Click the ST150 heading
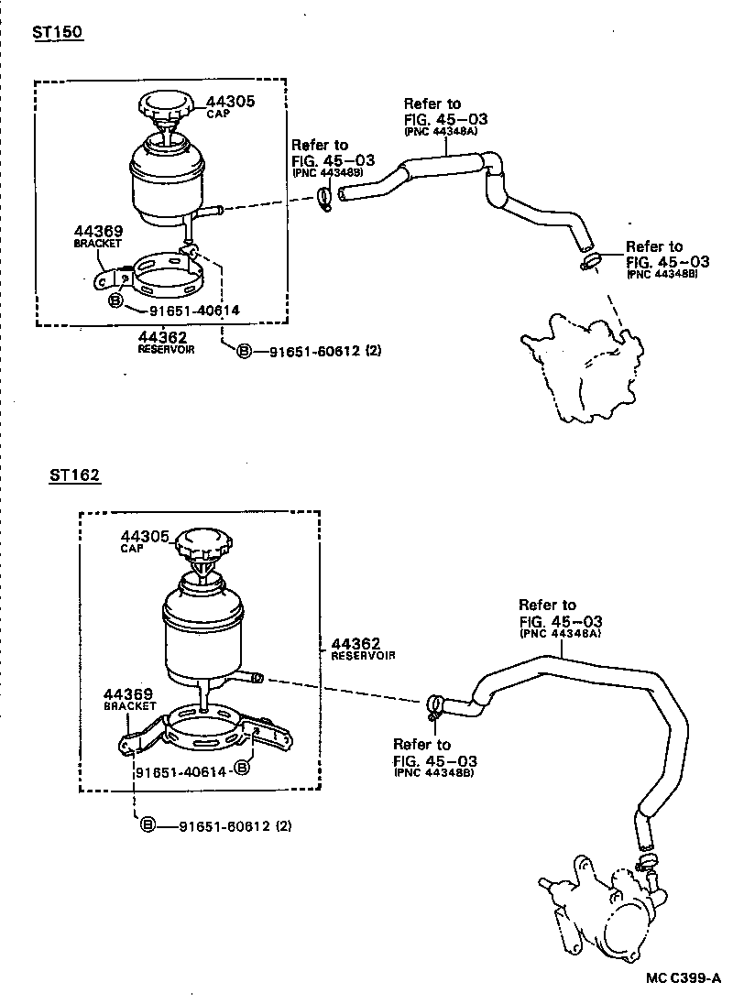click(57, 32)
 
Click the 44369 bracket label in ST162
click(129, 694)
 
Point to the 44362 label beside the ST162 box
click(356, 644)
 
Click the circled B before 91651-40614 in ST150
click(115, 300)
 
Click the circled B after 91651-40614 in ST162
click(242, 767)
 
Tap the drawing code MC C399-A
click(683, 977)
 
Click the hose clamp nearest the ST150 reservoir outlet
click(325, 197)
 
